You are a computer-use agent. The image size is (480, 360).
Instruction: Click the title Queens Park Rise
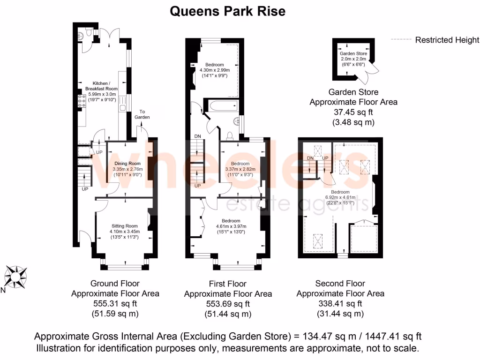(x=227, y=11)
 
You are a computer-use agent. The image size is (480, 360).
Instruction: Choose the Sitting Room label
(x=124, y=226)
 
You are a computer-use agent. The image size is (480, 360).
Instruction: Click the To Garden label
(x=142, y=114)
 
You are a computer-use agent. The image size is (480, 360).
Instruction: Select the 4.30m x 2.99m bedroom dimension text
(x=214, y=70)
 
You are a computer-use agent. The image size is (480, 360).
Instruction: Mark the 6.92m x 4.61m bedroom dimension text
(x=340, y=197)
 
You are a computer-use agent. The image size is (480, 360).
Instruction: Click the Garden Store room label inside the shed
(x=353, y=54)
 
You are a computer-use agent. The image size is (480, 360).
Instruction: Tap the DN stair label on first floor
(x=197, y=137)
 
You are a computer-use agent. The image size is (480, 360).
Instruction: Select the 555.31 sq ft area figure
(x=115, y=304)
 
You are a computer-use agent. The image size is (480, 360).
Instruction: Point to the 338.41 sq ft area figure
(x=340, y=304)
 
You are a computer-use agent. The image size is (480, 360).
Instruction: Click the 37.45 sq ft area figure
(x=353, y=112)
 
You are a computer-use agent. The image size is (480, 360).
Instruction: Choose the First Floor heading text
(x=227, y=284)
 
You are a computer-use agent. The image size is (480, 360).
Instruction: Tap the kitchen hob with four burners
(x=80, y=101)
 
